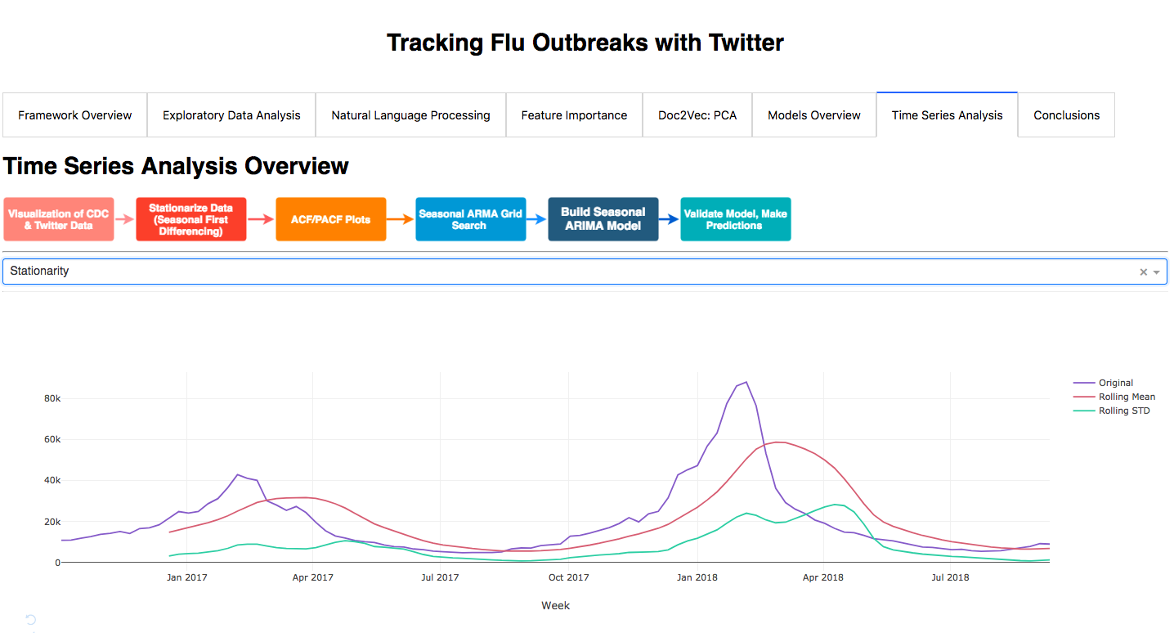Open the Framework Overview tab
[75, 115]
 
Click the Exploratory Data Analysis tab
[231, 115]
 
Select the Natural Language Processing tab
[410, 115]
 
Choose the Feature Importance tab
[574, 115]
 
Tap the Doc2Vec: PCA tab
[697, 115]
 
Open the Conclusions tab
[1066, 115]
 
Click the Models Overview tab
[814, 115]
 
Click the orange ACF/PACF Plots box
[331, 219]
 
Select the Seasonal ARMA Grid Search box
[471, 219]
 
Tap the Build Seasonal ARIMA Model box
[603, 219]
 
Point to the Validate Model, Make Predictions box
[736, 219]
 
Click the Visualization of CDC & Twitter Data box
[59, 219]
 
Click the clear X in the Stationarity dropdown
[1143, 272]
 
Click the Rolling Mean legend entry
[1114, 397]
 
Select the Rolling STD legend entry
[1112, 411]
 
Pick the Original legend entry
[1103, 383]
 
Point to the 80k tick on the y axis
[52, 398]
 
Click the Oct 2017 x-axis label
[569, 577]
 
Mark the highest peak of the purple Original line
[746, 382]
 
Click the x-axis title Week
[556, 606]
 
